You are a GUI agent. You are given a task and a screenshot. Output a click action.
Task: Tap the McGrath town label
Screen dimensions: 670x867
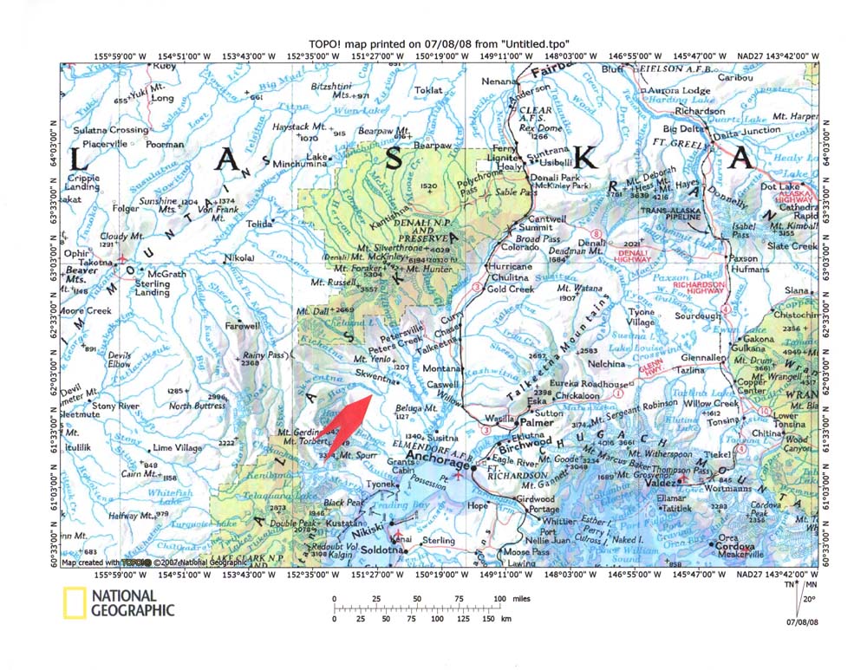point(167,274)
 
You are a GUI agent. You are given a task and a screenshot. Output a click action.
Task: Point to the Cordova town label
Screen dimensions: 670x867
point(739,546)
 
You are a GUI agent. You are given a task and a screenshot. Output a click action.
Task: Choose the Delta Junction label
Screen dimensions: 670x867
point(745,131)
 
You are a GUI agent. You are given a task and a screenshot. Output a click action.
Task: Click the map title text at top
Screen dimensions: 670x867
point(433,43)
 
